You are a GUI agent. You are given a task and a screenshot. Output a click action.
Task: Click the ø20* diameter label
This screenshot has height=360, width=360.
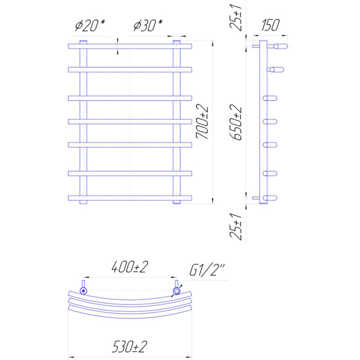point(90,25)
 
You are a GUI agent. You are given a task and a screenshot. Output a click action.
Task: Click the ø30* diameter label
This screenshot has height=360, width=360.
point(148,25)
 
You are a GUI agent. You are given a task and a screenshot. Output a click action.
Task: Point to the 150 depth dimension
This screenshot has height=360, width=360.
point(270,25)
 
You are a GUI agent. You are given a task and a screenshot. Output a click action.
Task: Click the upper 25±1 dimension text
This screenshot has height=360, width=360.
point(236,17)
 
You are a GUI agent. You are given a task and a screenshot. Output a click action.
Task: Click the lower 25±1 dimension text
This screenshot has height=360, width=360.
point(236,227)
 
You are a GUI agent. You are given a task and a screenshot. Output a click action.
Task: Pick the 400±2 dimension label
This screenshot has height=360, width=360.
point(130,267)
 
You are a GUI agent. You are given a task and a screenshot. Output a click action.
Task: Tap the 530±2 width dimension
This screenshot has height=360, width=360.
point(130,347)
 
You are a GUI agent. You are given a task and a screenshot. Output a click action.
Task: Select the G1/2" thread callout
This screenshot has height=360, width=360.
point(207,270)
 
